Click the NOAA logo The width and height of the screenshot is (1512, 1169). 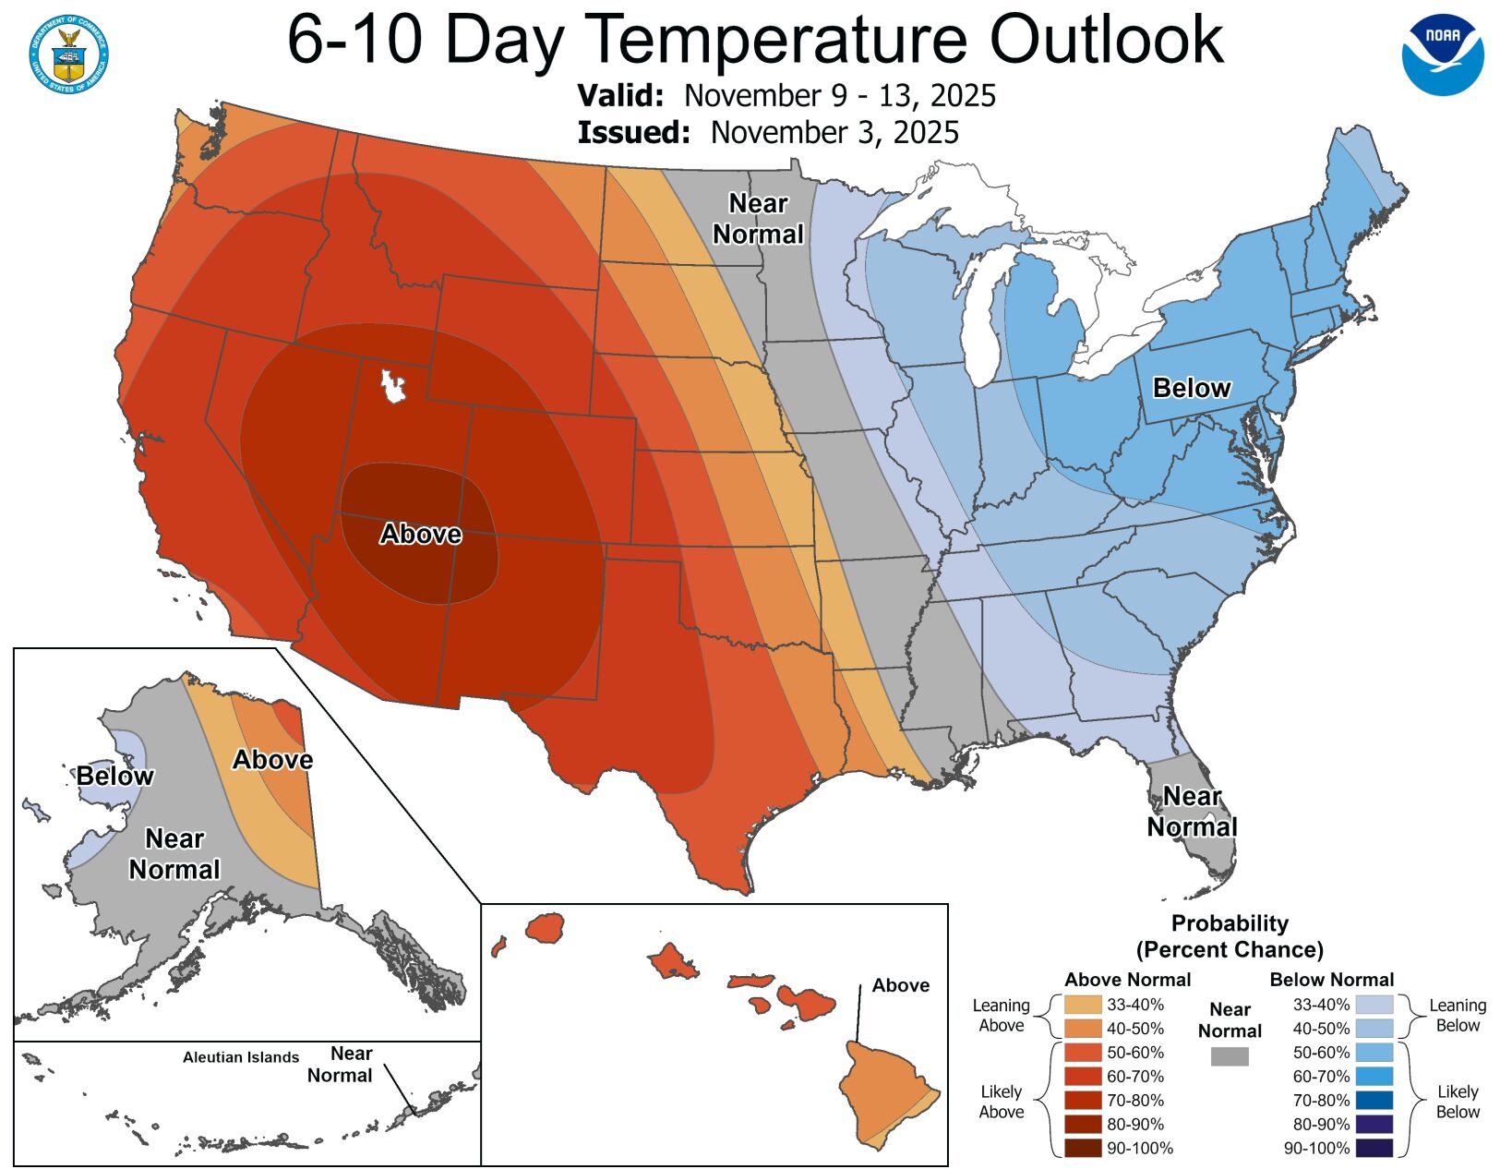point(1443,54)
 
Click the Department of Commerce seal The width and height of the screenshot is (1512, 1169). point(68,54)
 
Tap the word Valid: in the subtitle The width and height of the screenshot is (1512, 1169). point(620,96)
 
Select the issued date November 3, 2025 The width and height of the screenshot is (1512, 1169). point(834,133)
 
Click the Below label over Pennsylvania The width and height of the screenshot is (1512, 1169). point(1191,388)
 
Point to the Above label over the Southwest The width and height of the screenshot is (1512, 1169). point(421,534)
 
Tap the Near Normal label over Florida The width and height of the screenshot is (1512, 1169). point(1192,812)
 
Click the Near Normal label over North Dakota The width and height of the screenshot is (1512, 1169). point(758,219)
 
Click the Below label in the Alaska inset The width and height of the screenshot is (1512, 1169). point(114,776)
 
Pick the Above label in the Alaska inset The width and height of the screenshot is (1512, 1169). point(272,760)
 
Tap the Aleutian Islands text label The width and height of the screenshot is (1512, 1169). point(241,1057)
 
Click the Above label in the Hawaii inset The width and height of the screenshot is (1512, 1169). point(900,985)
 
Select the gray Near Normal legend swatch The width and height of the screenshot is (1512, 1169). point(1229,1056)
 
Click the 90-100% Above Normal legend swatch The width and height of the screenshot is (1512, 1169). point(1082,1149)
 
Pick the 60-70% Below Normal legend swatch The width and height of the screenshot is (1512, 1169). point(1374,1077)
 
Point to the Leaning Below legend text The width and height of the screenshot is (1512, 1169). point(1457,1015)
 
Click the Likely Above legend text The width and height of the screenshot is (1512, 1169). point(1001,1102)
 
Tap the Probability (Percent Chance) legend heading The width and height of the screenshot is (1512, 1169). point(1229,936)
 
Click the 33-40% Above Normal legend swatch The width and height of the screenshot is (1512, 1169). point(1082,1005)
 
